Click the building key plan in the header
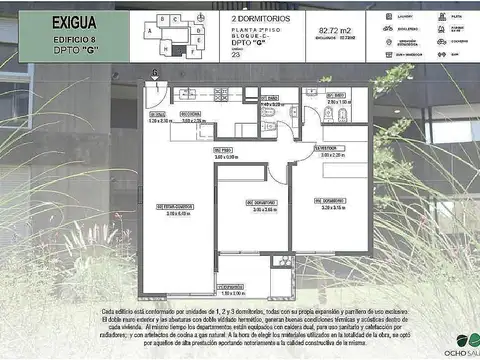[169, 36]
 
